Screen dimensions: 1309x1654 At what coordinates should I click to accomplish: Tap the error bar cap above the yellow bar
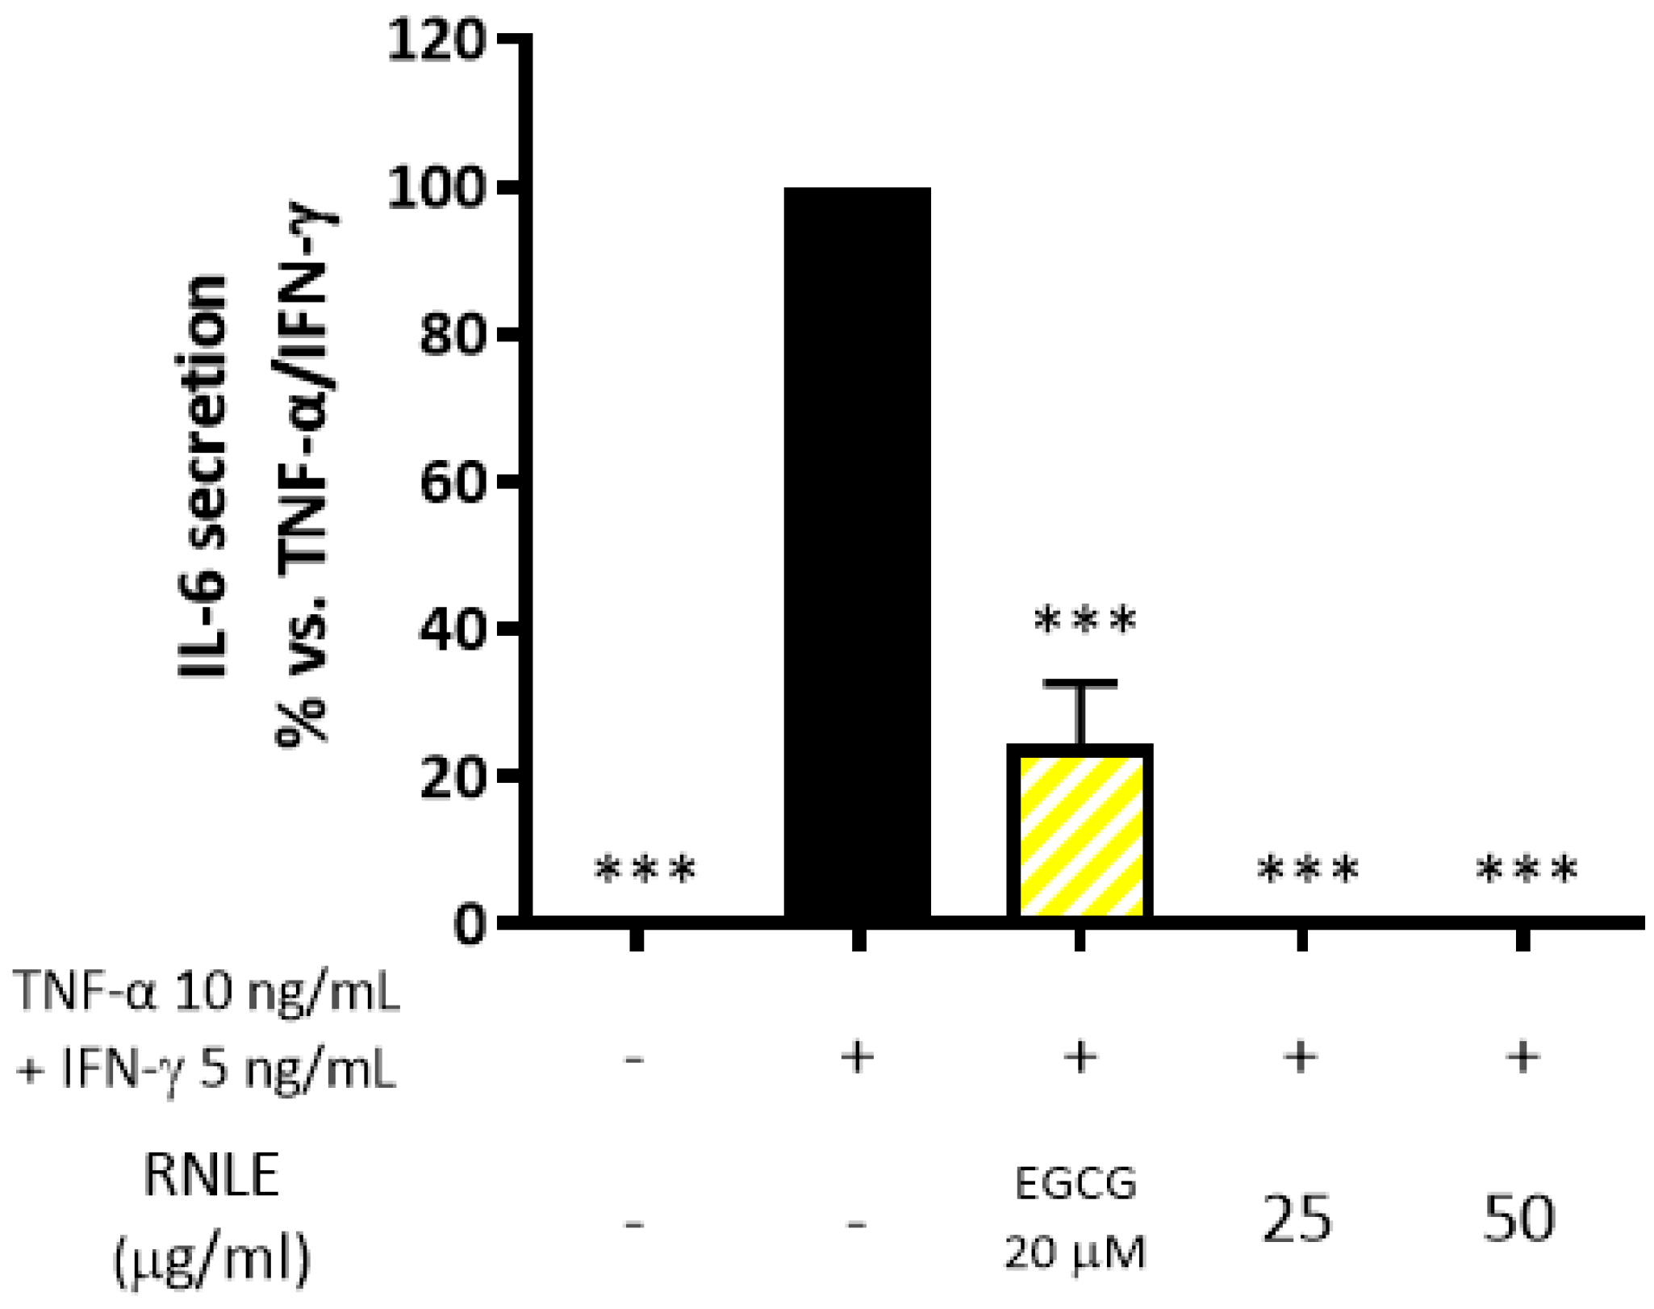[x=1080, y=684]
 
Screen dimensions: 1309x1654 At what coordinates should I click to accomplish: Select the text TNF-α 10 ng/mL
[x=207, y=991]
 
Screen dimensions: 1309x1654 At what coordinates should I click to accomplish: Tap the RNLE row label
[x=211, y=1176]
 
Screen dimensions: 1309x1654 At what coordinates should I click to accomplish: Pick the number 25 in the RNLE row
[x=1296, y=1220]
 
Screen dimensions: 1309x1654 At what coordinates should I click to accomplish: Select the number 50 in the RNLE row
[x=1518, y=1219]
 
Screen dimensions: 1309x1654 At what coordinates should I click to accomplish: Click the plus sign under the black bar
[x=857, y=1057]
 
